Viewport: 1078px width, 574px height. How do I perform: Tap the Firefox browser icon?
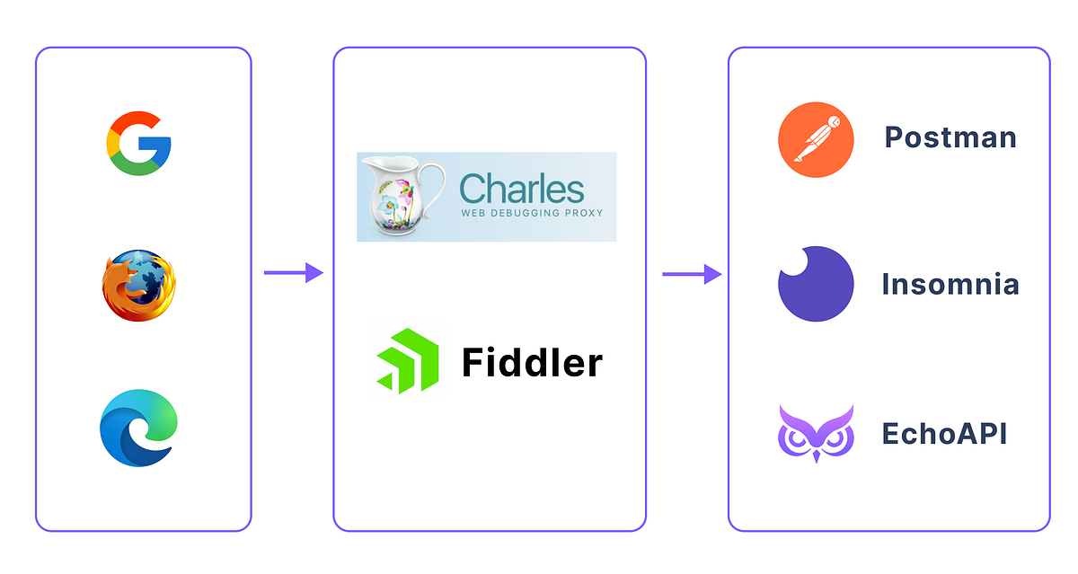[138, 285]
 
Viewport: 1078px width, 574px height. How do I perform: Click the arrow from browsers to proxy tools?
[293, 273]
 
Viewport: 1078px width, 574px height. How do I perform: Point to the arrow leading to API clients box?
[692, 273]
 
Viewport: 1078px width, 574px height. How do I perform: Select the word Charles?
[522, 189]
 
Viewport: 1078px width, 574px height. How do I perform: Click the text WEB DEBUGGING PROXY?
[532, 215]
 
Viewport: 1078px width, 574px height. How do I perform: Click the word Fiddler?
[532, 363]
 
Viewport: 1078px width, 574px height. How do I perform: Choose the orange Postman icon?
[815, 139]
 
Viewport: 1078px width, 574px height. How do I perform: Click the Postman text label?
[950, 137]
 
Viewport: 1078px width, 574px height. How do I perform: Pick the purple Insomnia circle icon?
[815, 284]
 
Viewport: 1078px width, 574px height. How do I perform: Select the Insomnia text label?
[950, 285]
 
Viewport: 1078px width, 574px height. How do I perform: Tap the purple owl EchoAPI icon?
[815, 433]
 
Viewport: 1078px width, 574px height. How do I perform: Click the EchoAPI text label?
[944, 434]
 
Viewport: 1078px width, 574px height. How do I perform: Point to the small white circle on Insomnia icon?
[792, 262]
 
